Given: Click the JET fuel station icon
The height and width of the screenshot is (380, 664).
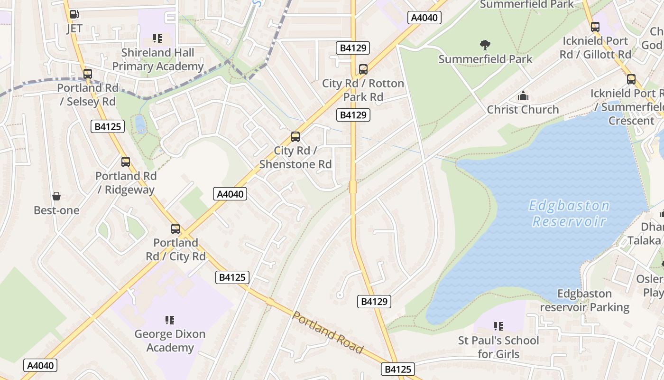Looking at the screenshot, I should (74, 15).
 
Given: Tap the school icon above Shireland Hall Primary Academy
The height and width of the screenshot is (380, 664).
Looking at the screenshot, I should (157, 38).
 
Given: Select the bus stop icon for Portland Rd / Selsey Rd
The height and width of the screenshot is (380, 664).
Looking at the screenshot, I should (87, 74).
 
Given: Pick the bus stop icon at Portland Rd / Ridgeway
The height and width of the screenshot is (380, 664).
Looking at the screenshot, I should (126, 162).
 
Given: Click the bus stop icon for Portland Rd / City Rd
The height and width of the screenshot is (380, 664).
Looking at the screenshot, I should (175, 229).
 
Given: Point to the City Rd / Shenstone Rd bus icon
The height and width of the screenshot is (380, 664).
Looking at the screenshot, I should (295, 137).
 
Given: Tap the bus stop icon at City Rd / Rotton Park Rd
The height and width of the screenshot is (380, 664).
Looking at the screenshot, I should (363, 69).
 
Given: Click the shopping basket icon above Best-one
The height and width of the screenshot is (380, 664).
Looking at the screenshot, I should (56, 196).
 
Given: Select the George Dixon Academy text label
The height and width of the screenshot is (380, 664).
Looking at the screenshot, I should (170, 341).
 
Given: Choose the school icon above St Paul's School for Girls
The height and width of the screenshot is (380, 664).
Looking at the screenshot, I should (498, 326).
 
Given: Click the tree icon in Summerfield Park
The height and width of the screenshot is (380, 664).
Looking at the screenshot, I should (485, 45).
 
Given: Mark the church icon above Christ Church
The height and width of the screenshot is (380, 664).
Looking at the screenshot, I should (523, 95).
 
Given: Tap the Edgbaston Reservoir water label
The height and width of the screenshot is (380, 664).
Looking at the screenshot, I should (569, 213).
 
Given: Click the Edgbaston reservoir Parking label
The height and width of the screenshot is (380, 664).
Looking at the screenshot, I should (584, 301).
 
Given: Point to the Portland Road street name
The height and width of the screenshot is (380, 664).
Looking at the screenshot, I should (328, 332).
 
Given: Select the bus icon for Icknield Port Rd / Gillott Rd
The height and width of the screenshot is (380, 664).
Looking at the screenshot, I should (595, 27).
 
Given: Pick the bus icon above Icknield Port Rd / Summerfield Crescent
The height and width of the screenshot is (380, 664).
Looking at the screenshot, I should (631, 79).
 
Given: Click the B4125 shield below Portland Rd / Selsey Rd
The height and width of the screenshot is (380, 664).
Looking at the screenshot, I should (108, 126).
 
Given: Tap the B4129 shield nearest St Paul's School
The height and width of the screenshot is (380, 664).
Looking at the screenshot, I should (374, 301).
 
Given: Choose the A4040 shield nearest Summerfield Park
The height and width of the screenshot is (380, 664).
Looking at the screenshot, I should (424, 18).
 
